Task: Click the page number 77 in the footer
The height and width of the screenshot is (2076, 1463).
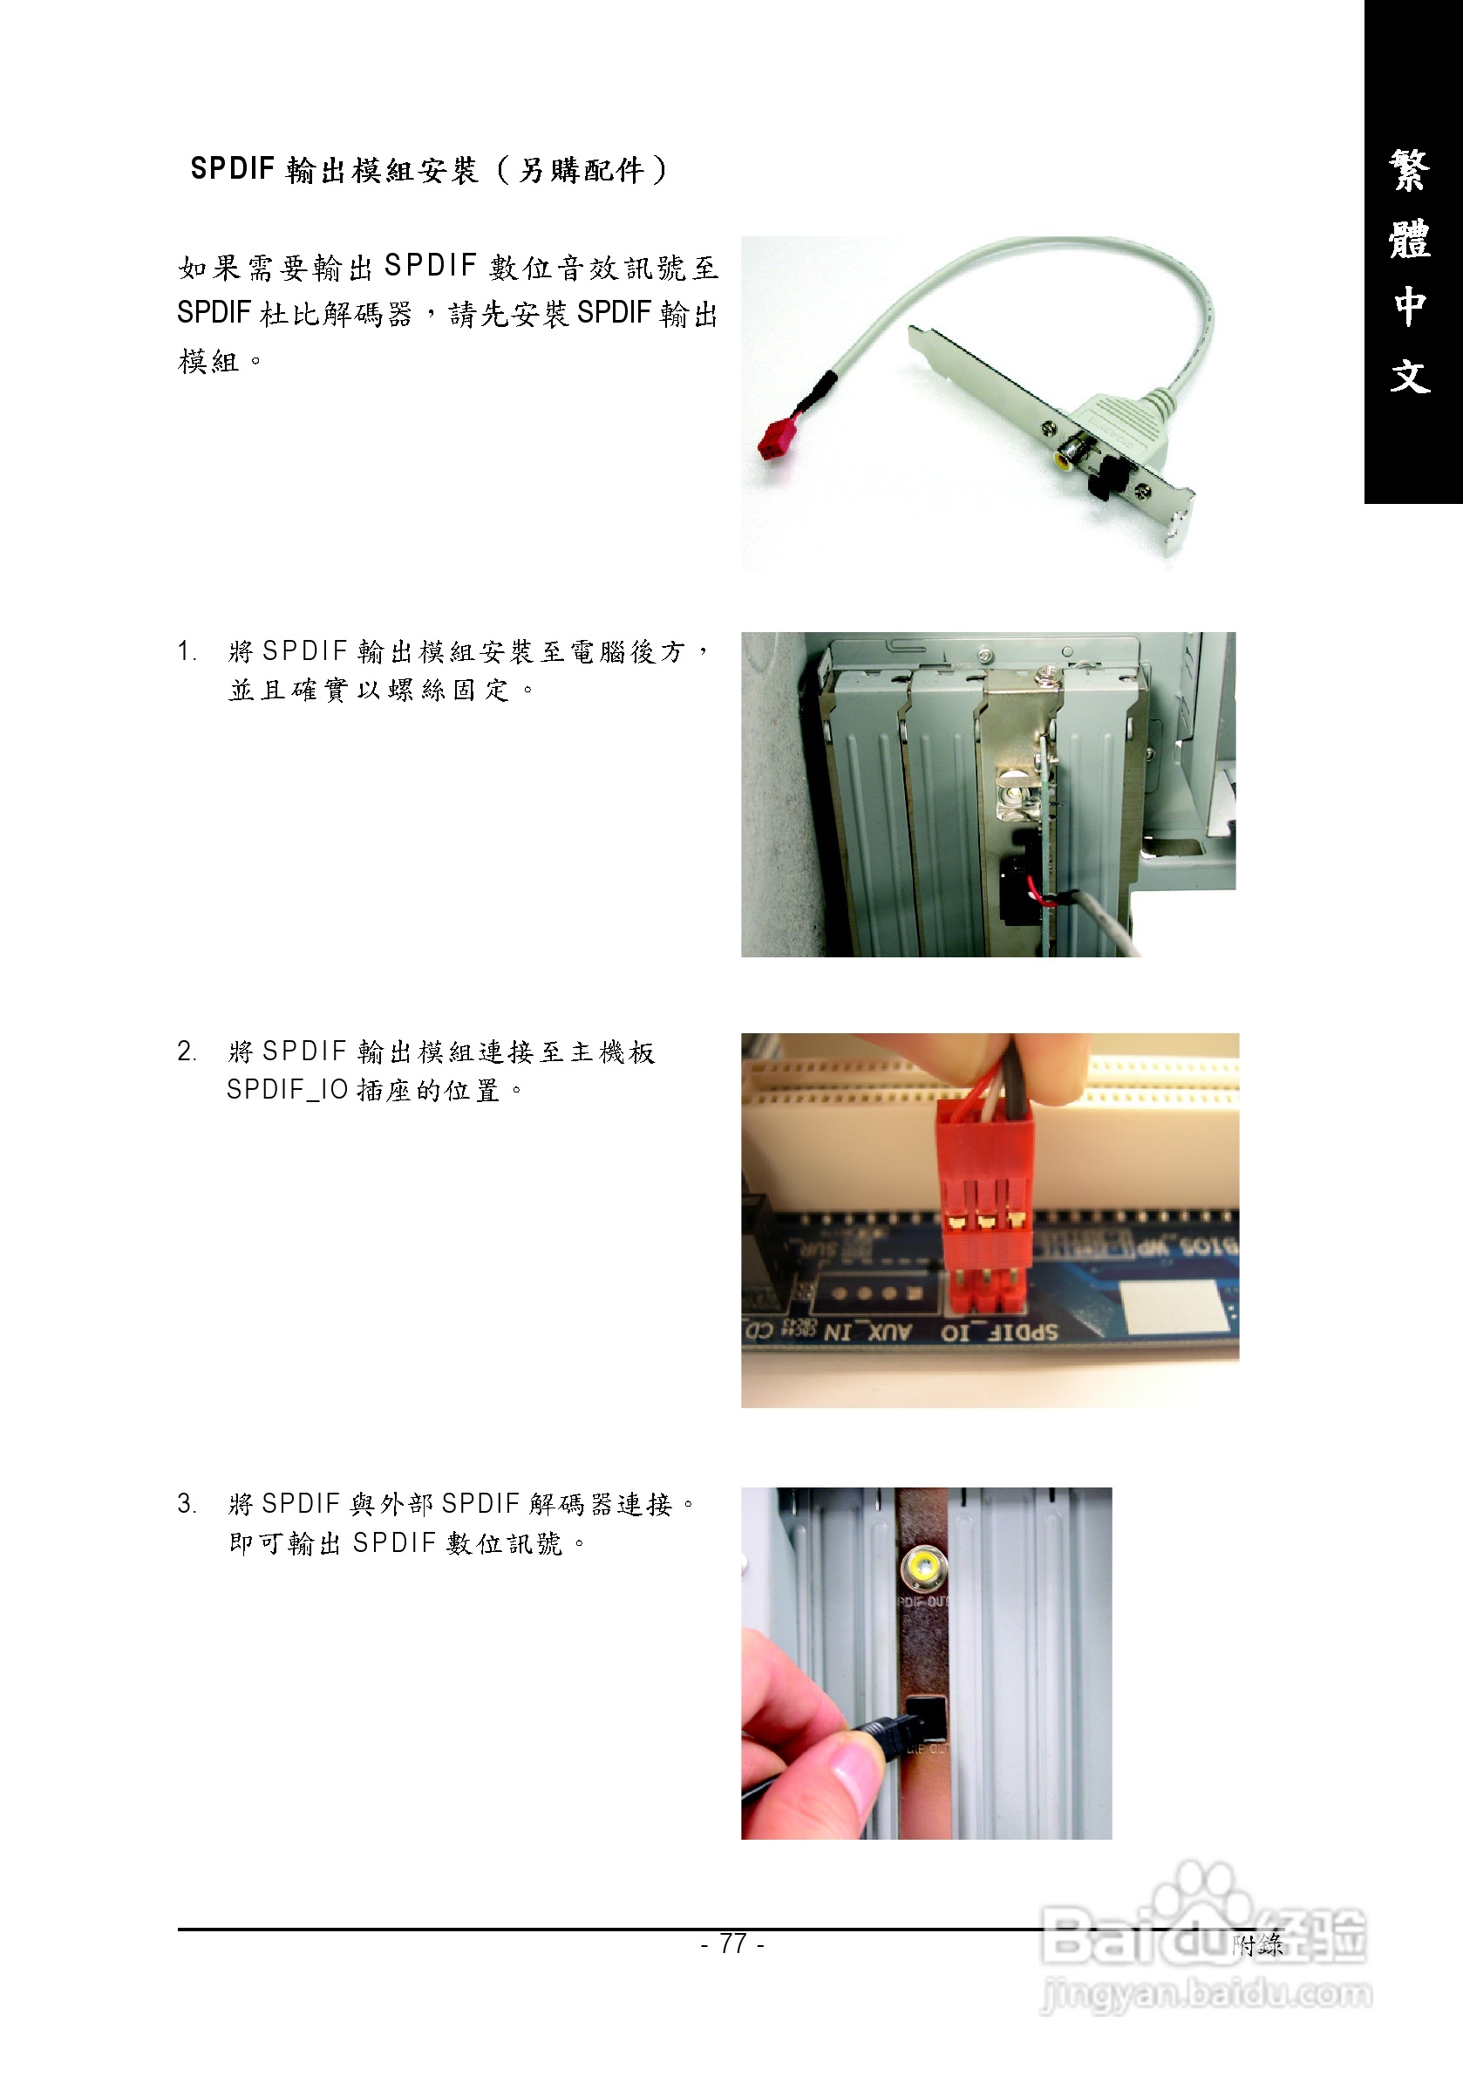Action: point(732,1943)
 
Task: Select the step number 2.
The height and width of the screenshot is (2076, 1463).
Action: point(187,1051)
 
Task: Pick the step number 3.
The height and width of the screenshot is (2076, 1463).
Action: point(187,1504)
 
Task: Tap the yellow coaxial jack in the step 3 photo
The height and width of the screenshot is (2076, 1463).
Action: point(923,1569)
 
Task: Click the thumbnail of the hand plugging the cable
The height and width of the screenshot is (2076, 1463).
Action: point(926,1663)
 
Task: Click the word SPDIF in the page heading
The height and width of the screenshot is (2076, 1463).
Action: point(233,169)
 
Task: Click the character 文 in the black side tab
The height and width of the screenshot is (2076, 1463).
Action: point(1411,375)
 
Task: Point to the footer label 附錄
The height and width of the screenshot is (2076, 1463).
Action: point(1258,1944)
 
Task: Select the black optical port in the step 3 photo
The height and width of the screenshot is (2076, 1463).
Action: point(926,1718)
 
